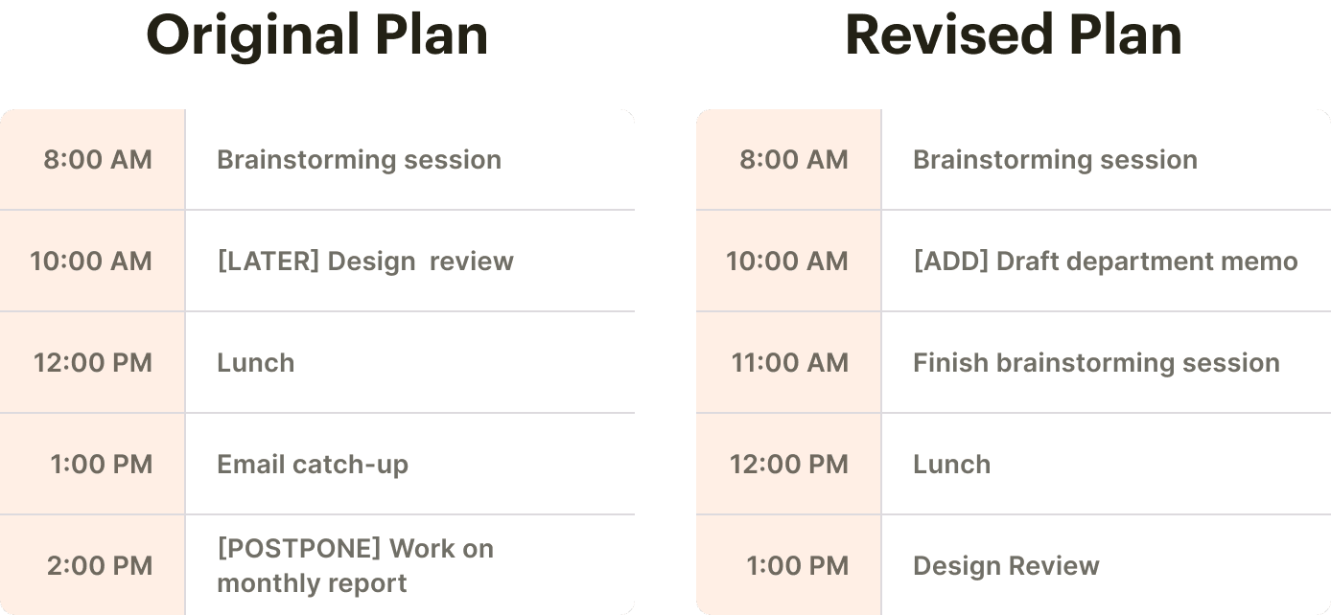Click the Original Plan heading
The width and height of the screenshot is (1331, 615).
(x=316, y=36)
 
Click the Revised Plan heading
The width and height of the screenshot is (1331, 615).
(x=1013, y=36)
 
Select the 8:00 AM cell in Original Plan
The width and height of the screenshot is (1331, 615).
(x=97, y=160)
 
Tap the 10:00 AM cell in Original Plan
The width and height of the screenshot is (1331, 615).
(x=91, y=262)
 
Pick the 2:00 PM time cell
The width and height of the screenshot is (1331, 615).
(x=100, y=566)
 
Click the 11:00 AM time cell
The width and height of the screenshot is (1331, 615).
(x=789, y=363)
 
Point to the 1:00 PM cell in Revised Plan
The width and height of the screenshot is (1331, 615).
(x=797, y=566)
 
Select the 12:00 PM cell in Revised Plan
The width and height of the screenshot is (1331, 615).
(x=789, y=465)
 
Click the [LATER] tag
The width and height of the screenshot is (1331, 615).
(x=268, y=262)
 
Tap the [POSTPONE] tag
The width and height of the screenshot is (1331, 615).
(x=299, y=549)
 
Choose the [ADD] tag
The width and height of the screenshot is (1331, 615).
(x=950, y=262)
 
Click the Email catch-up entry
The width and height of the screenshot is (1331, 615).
(x=313, y=465)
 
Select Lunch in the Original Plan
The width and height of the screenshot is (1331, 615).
(x=255, y=363)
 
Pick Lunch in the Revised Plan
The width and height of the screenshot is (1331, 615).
(x=951, y=465)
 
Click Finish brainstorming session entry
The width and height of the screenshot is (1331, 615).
(x=1096, y=363)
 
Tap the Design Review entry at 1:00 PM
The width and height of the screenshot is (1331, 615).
(x=1006, y=566)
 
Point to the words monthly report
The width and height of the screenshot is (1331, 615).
(x=312, y=583)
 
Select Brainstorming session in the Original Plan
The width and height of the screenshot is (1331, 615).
(x=359, y=160)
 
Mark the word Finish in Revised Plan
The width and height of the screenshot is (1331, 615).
(x=950, y=363)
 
